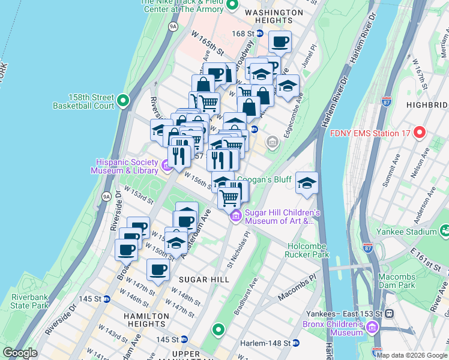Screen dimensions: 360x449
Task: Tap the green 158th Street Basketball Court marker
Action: click(124, 100)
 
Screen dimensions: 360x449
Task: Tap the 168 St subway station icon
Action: click(259, 34)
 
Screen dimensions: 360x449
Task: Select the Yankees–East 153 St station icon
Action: click(389, 313)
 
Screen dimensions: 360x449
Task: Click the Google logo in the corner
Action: click(20, 353)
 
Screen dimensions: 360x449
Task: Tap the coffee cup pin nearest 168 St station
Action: click(280, 42)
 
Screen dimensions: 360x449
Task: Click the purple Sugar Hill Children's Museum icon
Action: click(236, 216)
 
